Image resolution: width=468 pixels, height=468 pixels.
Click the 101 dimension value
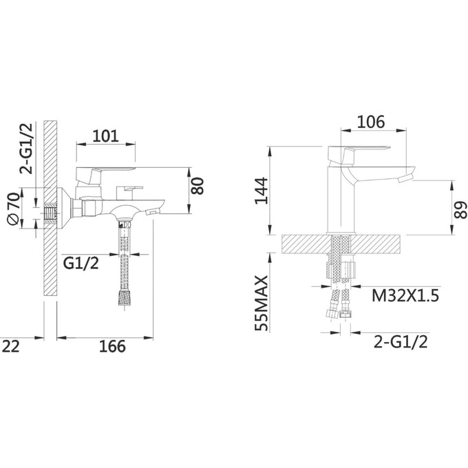pyautogui.click(x=106, y=136)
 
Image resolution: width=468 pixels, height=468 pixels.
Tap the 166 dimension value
pyautogui.click(x=112, y=346)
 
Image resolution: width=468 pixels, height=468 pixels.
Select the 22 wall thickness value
pyautogui.click(x=11, y=346)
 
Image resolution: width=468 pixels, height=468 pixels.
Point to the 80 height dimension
pyautogui.click(x=198, y=186)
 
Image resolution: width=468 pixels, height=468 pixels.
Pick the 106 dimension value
pyautogui.click(x=371, y=122)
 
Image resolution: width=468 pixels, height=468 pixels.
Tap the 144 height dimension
pyautogui.click(x=262, y=191)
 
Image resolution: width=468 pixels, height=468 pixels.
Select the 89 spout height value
pyautogui.click(x=460, y=210)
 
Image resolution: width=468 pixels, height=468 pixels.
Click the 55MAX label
pyautogui.click(x=262, y=303)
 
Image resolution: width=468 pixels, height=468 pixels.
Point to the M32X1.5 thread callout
pyautogui.click(x=405, y=296)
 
